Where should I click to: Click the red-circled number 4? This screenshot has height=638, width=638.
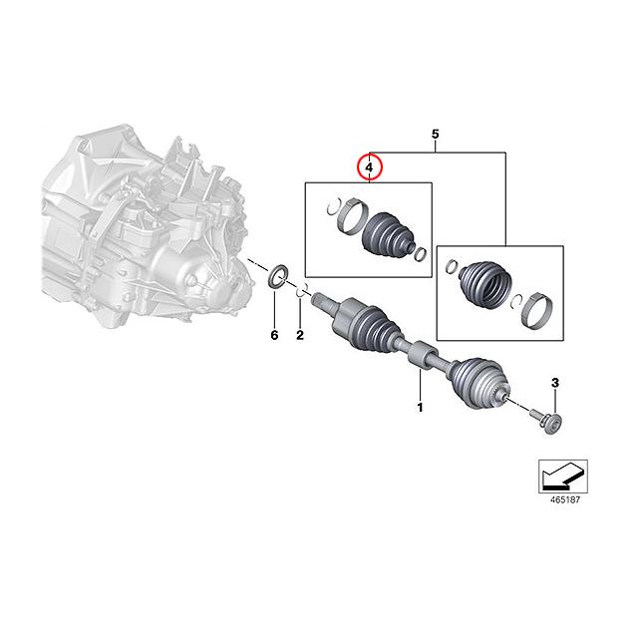tap(369, 167)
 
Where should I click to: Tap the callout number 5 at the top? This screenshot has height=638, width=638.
tap(435, 134)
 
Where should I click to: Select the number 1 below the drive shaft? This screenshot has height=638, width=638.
tap(420, 407)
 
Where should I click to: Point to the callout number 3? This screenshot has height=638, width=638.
tap(555, 382)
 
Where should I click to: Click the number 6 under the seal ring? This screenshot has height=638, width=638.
tap(274, 335)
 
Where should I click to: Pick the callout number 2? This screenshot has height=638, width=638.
tap(299, 335)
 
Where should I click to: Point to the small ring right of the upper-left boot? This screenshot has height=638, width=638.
tap(423, 252)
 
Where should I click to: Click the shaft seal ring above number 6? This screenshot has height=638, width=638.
tap(280, 274)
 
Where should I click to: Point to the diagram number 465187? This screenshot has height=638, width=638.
tap(563, 498)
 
